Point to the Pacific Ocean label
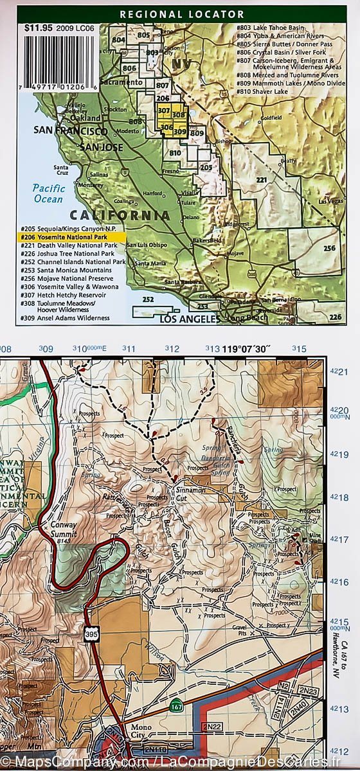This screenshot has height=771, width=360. point(49,193)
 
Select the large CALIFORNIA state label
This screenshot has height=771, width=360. point(120,215)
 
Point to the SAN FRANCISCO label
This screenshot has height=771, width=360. point(66,131)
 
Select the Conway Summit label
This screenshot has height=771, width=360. point(62,528)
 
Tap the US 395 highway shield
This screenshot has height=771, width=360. point(90,635)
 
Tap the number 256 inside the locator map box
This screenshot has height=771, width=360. point(330,249)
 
